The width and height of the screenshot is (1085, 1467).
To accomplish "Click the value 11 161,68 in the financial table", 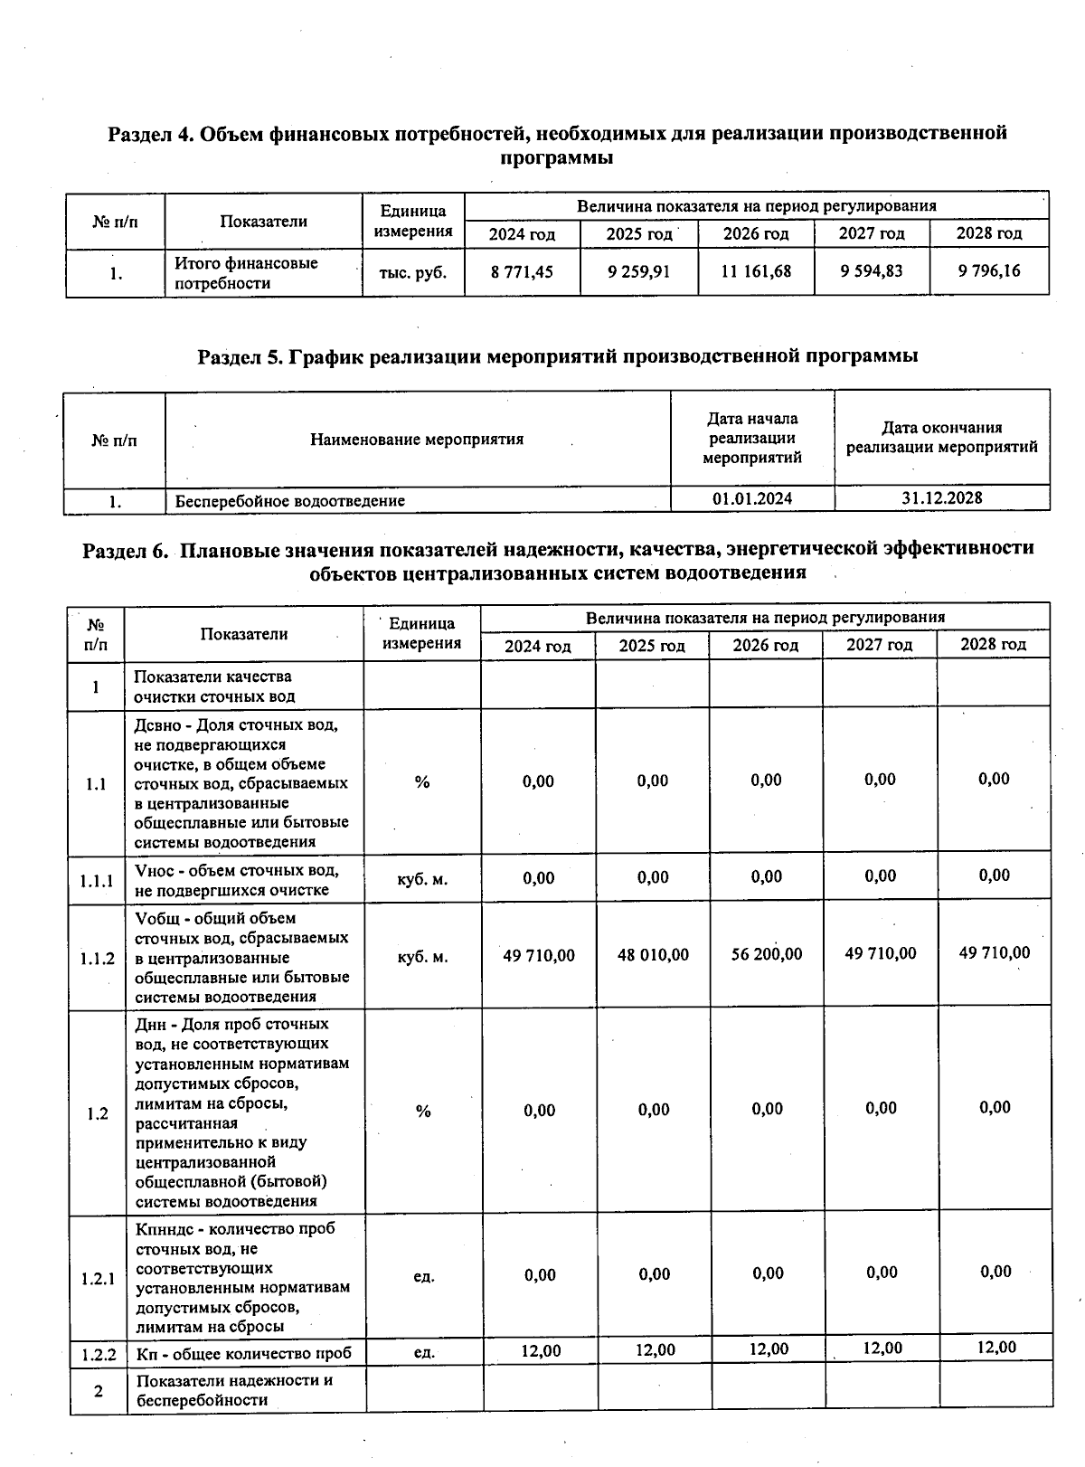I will point(755,271).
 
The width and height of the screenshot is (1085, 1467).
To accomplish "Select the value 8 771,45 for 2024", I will point(522,271).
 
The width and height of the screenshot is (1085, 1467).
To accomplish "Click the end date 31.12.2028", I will point(941,498).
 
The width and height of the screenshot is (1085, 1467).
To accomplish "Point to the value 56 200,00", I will point(766,954).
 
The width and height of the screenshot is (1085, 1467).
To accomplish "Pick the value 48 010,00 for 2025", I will point(653,955).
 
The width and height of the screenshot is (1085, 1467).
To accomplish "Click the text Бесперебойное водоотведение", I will point(289,500).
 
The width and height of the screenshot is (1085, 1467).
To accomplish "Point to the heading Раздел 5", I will point(240,356).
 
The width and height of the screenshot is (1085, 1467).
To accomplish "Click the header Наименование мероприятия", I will point(417,440).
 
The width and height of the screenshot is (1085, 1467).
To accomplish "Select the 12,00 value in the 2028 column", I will point(995,1348).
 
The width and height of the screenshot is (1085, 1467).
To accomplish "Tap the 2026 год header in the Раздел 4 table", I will point(755,234).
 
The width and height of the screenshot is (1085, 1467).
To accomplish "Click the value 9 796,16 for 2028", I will point(989,270).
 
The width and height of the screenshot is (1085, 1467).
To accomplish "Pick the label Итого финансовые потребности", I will point(246,273).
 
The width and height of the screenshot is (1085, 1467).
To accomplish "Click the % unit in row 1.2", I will point(423,1112).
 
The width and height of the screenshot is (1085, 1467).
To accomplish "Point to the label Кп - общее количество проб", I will point(243,1354).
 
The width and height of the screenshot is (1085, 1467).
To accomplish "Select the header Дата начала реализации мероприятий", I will point(752,439).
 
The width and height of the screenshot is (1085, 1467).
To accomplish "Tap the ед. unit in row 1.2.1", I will point(423,1277).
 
